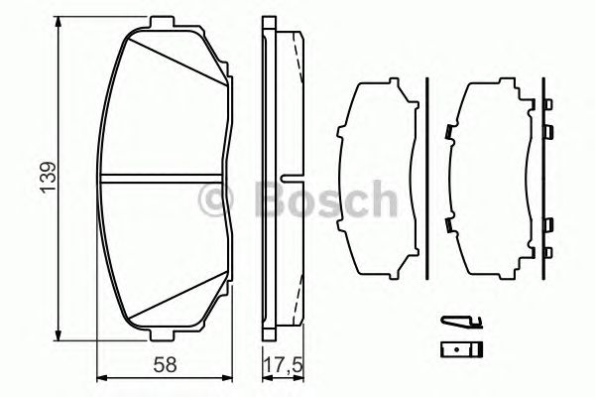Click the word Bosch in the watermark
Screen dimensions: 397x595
point(315,200)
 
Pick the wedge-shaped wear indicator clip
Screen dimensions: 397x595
point(461,321)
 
